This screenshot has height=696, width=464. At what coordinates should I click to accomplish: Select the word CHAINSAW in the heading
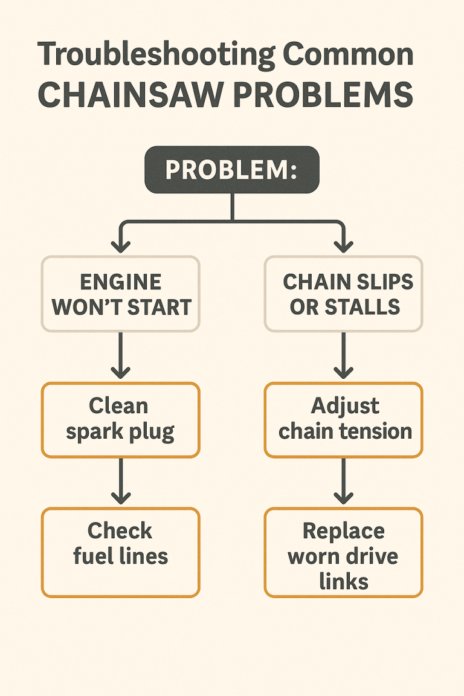[129, 95]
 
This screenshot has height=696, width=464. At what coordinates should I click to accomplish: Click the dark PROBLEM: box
[231, 170]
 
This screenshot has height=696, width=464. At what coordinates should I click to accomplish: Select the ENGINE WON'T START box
[121, 294]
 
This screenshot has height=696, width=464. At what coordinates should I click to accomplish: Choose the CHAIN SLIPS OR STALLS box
[344, 294]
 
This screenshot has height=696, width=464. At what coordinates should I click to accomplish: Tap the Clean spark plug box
[120, 419]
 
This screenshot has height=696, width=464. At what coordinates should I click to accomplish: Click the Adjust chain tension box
[344, 419]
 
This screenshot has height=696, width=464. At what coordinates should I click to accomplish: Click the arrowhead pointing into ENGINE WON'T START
[121, 246]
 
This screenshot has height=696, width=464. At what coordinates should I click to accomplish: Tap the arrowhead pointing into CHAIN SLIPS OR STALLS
[344, 246]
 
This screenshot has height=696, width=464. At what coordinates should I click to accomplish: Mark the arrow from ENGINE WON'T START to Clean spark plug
[121, 356]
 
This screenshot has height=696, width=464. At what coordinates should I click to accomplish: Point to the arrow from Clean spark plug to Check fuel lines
[121, 481]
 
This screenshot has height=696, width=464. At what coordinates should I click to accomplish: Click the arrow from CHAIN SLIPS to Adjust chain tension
[344, 356]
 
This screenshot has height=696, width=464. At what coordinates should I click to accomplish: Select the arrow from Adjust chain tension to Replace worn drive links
[344, 481]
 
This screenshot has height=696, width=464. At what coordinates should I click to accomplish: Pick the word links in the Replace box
[344, 581]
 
